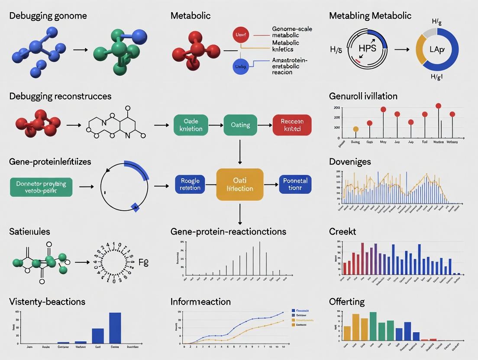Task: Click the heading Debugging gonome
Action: click(x=48, y=16)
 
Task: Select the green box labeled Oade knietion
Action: click(x=191, y=125)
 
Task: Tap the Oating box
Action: click(x=240, y=125)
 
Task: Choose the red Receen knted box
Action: click(x=292, y=125)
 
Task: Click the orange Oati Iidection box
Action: click(x=239, y=184)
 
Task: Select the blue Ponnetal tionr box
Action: click(x=295, y=184)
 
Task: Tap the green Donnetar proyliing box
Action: click(x=41, y=187)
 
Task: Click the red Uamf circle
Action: click(x=241, y=34)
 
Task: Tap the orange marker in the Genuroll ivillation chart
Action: click(x=355, y=129)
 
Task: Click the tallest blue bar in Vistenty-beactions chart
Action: click(x=115, y=328)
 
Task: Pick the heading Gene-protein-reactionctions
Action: click(x=228, y=231)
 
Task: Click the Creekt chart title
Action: click(x=342, y=231)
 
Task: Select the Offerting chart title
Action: click(x=347, y=302)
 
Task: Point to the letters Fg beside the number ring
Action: click(x=143, y=262)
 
